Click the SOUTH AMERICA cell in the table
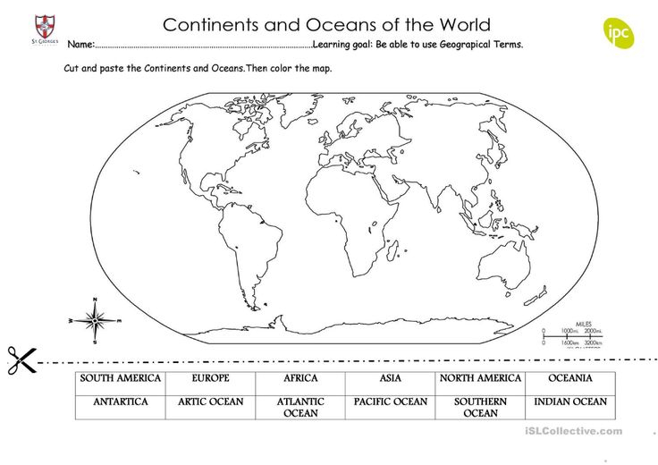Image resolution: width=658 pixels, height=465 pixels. coord(121,379)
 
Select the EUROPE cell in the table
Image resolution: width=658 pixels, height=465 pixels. coord(210,379)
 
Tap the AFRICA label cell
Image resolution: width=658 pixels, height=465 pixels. coord(300,379)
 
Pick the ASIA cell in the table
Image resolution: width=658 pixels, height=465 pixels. coord(391,379)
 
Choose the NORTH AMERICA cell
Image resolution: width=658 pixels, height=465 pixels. coord(480,379)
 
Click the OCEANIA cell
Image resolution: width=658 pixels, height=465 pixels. coord(570,379)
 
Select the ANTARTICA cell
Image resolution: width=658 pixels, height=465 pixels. coord(121,402)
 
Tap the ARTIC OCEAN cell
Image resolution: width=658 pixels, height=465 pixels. coord(210,402)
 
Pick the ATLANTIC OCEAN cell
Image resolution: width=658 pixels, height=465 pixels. coord(300,408)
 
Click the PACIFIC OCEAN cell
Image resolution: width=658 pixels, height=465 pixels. coord(391,402)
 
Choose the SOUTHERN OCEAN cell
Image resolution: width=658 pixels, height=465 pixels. coord(480,408)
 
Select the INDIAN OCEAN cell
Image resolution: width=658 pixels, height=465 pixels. coord(570,402)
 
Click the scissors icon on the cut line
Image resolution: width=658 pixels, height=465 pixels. coord(20,360)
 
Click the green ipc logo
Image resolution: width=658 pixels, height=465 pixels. coord(618,33)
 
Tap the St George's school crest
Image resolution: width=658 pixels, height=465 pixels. coord(43,27)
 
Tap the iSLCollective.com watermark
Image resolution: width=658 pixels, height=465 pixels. coord(573,431)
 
